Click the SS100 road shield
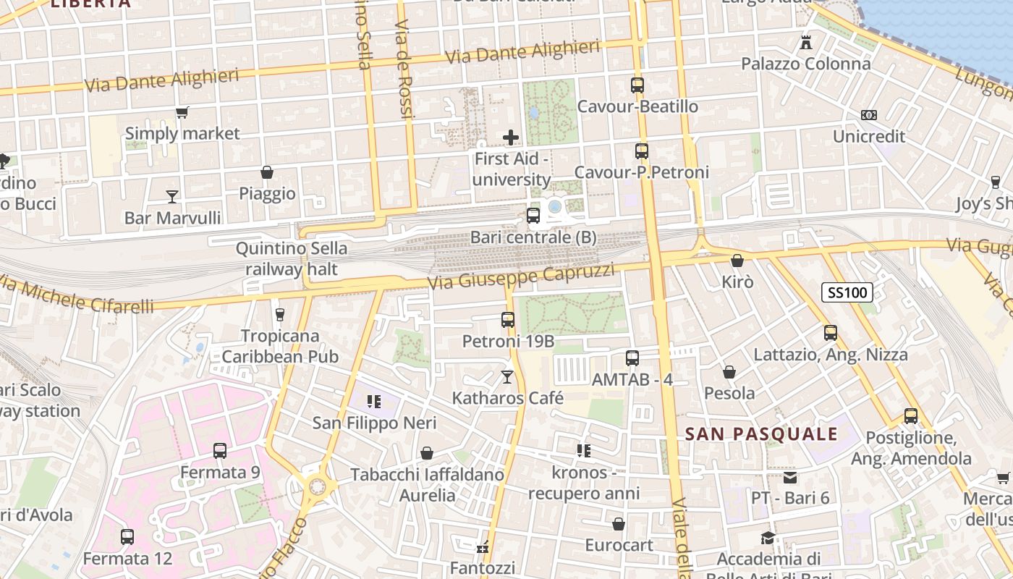coord(847,292)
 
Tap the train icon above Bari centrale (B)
coord(533,215)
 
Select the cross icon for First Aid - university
coord(511,137)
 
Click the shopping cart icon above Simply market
coord(182,112)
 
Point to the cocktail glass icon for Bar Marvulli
coord(171,196)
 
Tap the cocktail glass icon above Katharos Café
coord(507,376)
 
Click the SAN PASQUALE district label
coord(760,434)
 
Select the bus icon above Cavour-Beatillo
coord(637,85)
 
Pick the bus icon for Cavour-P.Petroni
coord(642,151)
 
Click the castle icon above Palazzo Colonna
coord(806,42)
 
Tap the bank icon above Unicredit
coord(869,115)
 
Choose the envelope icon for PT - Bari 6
coord(789,477)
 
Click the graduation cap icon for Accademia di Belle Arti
coord(768,538)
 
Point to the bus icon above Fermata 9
coord(220,451)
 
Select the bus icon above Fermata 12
coord(127,537)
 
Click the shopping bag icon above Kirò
coord(737,261)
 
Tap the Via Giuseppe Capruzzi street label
coord(521,276)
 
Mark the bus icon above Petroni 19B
coord(508,319)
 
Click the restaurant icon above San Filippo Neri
coord(374,401)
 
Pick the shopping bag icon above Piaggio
coord(267,172)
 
